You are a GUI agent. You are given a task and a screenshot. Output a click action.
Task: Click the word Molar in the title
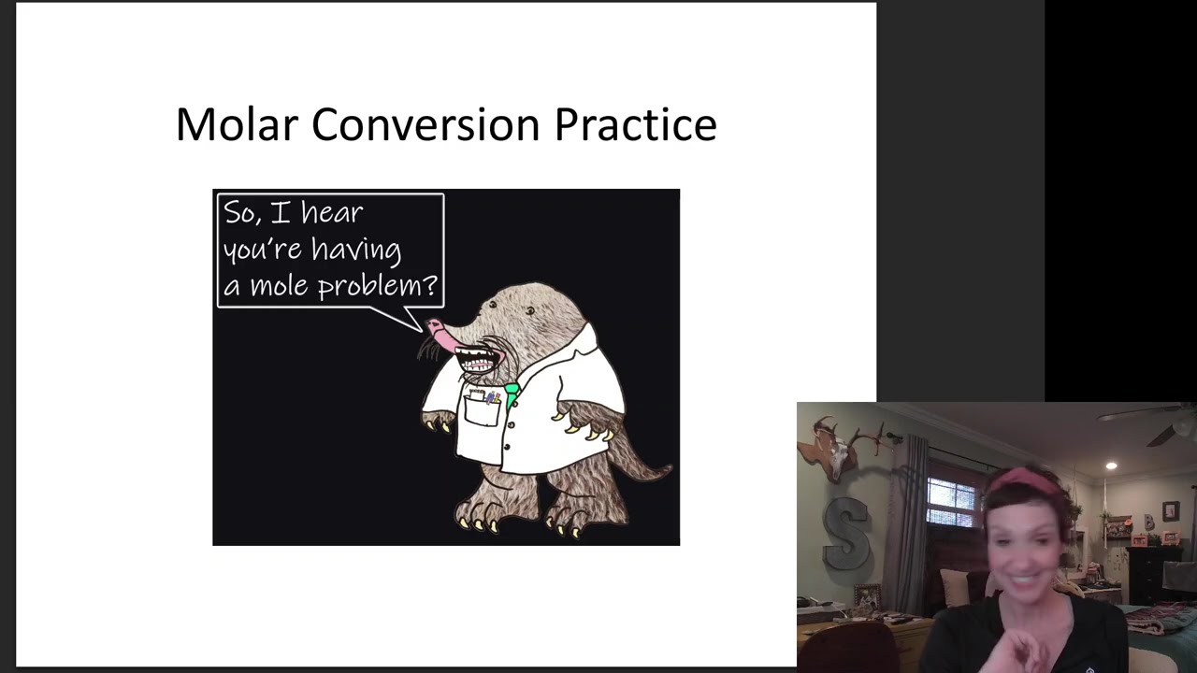click(x=235, y=124)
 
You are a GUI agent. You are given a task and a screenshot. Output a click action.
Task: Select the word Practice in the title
click(x=635, y=124)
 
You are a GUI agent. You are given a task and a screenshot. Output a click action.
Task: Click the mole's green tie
click(x=512, y=393)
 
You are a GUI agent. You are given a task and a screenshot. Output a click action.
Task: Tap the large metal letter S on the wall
click(x=846, y=533)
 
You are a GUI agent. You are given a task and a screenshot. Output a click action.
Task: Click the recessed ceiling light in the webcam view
click(x=1111, y=465)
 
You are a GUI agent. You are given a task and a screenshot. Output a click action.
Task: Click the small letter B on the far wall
click(x=1149, y=520)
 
